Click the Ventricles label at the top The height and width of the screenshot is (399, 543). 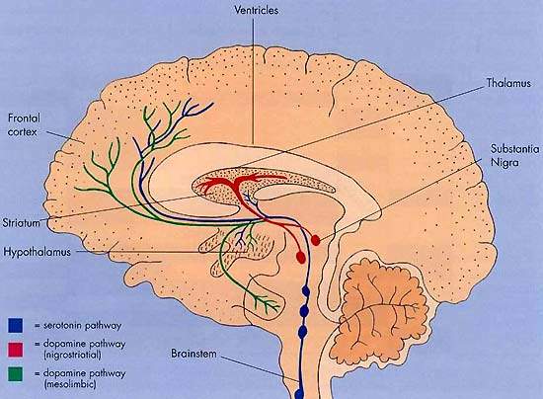(x=256, y=11)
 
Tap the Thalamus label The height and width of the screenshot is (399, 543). (x=508, y=83)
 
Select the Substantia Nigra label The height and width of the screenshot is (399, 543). (x=514, y=155)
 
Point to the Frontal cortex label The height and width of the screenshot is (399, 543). (x=24, y=124)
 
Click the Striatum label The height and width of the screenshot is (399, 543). (x=21, y=222)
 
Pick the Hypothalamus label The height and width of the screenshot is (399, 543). (x=38, y=252)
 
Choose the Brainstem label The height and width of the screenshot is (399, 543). (x=194, y=354)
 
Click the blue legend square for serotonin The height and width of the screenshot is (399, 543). (x=15, y=326)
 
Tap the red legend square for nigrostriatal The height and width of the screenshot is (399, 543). (x=15, y=350)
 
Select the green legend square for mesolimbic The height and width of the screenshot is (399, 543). (x=15, y=374)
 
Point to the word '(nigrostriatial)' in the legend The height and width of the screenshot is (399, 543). (x=72, y=355)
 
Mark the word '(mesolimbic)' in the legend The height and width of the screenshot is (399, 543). (x=70, y=384)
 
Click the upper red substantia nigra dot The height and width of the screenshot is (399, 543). (x=315, y=240)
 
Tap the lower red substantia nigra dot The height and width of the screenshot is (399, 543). (x=301, y=257)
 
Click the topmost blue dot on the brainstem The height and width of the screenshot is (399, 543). (x=306, y=291)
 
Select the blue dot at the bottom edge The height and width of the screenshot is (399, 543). (x=298, y=394)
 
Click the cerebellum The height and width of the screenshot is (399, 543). (x=384, y=309)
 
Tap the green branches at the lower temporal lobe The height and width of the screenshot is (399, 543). (x=265, y=302)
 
